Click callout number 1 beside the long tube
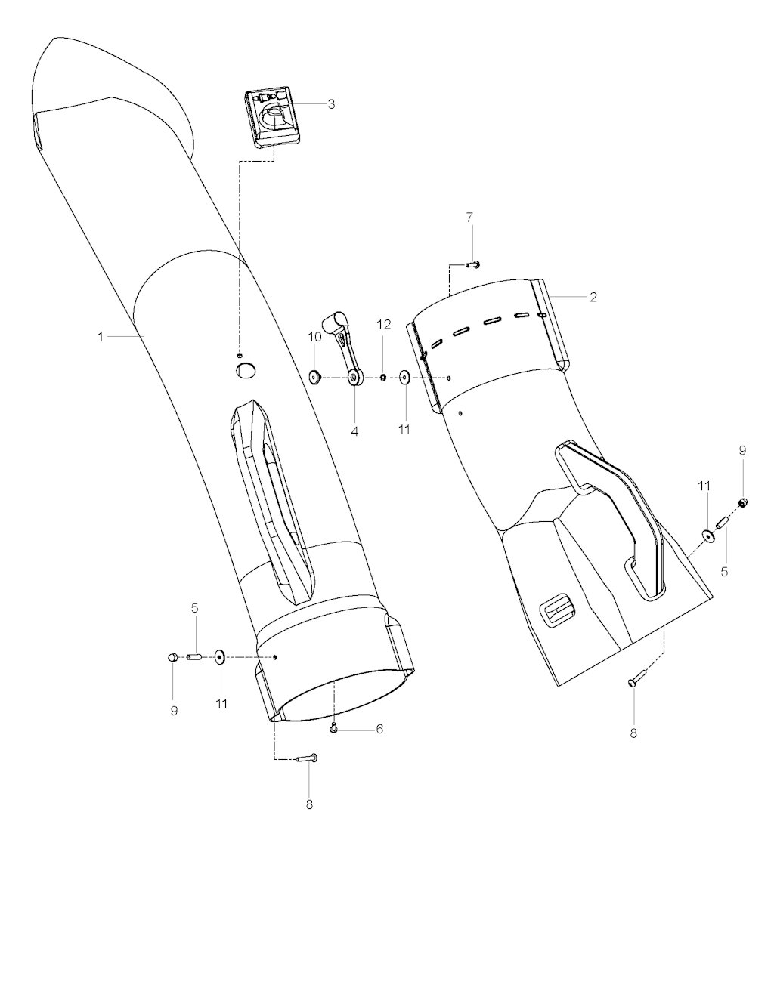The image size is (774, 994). coord(101,337)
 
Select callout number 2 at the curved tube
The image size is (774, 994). coord(593,298)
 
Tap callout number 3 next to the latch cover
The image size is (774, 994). coord(331,103)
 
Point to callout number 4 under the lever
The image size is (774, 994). coord(354,431)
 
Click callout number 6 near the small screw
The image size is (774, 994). coord(379,729)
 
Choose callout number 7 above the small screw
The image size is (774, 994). coord(469,218)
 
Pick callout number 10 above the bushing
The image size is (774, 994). coord(314,337)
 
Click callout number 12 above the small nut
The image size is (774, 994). coord(384,324)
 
